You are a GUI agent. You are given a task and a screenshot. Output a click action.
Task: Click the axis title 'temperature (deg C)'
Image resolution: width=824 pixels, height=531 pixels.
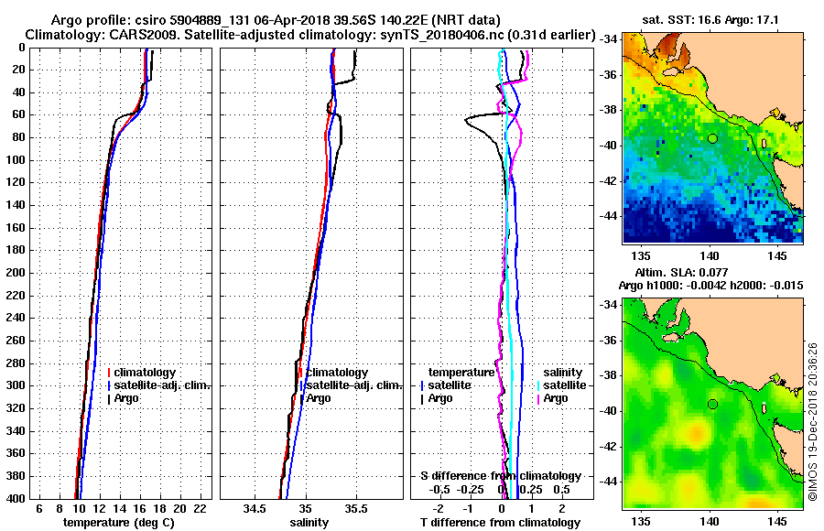(119, 522)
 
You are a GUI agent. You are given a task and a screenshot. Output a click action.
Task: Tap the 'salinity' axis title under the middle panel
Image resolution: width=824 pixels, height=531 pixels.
(309, 522)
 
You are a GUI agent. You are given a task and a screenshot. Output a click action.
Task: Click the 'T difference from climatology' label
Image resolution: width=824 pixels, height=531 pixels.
(500, 522)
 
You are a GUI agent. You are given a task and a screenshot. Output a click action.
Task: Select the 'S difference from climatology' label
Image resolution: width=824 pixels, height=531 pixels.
(501, 476)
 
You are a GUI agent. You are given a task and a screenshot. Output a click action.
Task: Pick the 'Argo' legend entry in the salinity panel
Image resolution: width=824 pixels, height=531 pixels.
(320, 398)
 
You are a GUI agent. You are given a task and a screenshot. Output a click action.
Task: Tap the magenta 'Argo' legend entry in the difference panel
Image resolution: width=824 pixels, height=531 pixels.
(556, 398)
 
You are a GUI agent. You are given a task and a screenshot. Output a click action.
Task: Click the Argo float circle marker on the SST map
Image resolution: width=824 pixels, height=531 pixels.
(711, 137)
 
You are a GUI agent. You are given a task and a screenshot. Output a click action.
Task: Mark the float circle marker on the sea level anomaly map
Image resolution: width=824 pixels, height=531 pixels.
(711, 404)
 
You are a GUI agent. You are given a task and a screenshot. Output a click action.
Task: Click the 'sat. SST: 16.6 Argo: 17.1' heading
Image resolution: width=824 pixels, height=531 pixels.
(712, 19)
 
